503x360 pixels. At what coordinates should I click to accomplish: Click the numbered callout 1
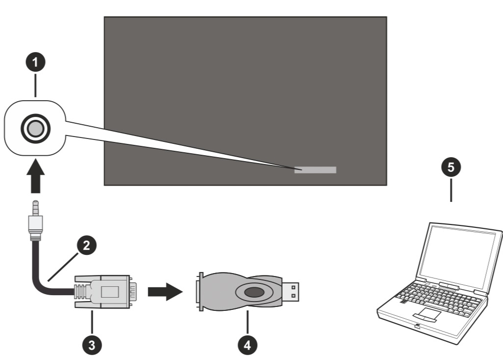[x=35, y=63]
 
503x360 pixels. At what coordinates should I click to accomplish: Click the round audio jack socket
[x=35, y=128]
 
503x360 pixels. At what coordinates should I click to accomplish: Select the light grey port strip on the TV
[x=315, y=170]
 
